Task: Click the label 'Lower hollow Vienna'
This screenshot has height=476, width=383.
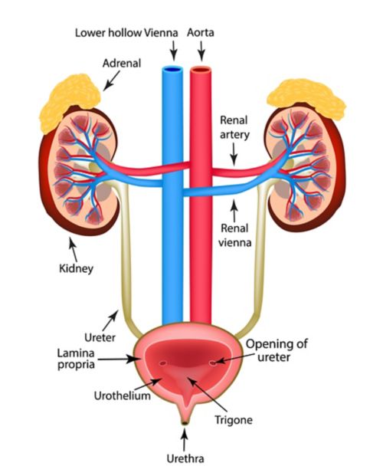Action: coord(126,33)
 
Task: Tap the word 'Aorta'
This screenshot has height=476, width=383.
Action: coord(200,32)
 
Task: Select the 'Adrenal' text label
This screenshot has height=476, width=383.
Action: coord(122,63)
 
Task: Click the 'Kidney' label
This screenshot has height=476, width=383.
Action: coord(76,269)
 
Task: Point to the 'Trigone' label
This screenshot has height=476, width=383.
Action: coord(234,420)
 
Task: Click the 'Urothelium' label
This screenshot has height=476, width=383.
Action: coord(122,396)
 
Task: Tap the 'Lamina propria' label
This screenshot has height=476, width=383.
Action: coord(76,359)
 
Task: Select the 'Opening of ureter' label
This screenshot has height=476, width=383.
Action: coord(277,350)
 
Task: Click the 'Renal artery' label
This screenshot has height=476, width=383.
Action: coord(234,127)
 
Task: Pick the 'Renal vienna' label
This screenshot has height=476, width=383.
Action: coord(234,235)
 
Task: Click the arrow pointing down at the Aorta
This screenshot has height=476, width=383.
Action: coord(201,51)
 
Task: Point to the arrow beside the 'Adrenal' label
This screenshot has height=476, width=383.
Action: coord(111,80)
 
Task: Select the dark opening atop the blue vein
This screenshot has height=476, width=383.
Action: coord(172,70)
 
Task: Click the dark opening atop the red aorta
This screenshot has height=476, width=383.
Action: coord(201,70)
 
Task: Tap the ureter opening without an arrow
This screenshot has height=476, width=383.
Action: coord(163,363)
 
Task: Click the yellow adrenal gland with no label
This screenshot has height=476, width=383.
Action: coord(306,98)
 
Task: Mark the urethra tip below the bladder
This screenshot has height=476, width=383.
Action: coord(184,422)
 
